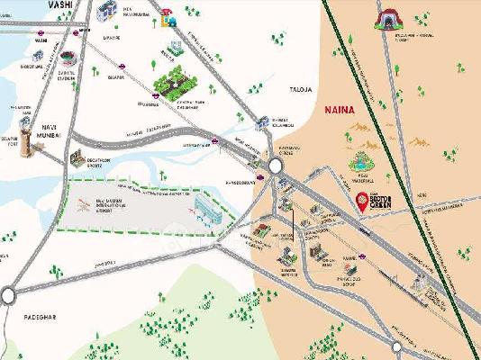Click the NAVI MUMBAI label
pos(51,131)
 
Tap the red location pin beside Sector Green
pos(362,203)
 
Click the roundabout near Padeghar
pos(9,293)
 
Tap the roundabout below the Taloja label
pos(275,165)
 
